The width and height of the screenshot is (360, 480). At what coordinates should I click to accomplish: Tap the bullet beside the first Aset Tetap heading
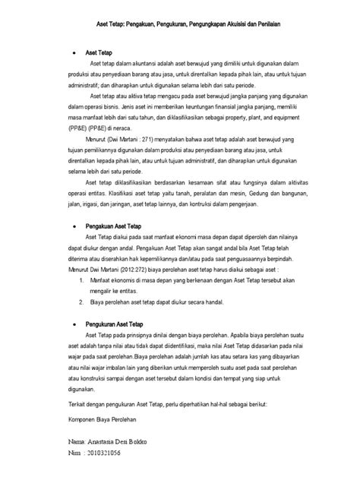pyautogui.click(x=72, y=55)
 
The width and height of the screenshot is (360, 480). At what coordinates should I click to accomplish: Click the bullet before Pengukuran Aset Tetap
pyautogui.click(x=72, y=324)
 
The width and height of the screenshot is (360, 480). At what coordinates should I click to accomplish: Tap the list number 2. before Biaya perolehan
pyautogui.click(x=82, y=302)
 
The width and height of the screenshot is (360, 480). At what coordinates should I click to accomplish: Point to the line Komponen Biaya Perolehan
pyautogui.click(x=105, y=419)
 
